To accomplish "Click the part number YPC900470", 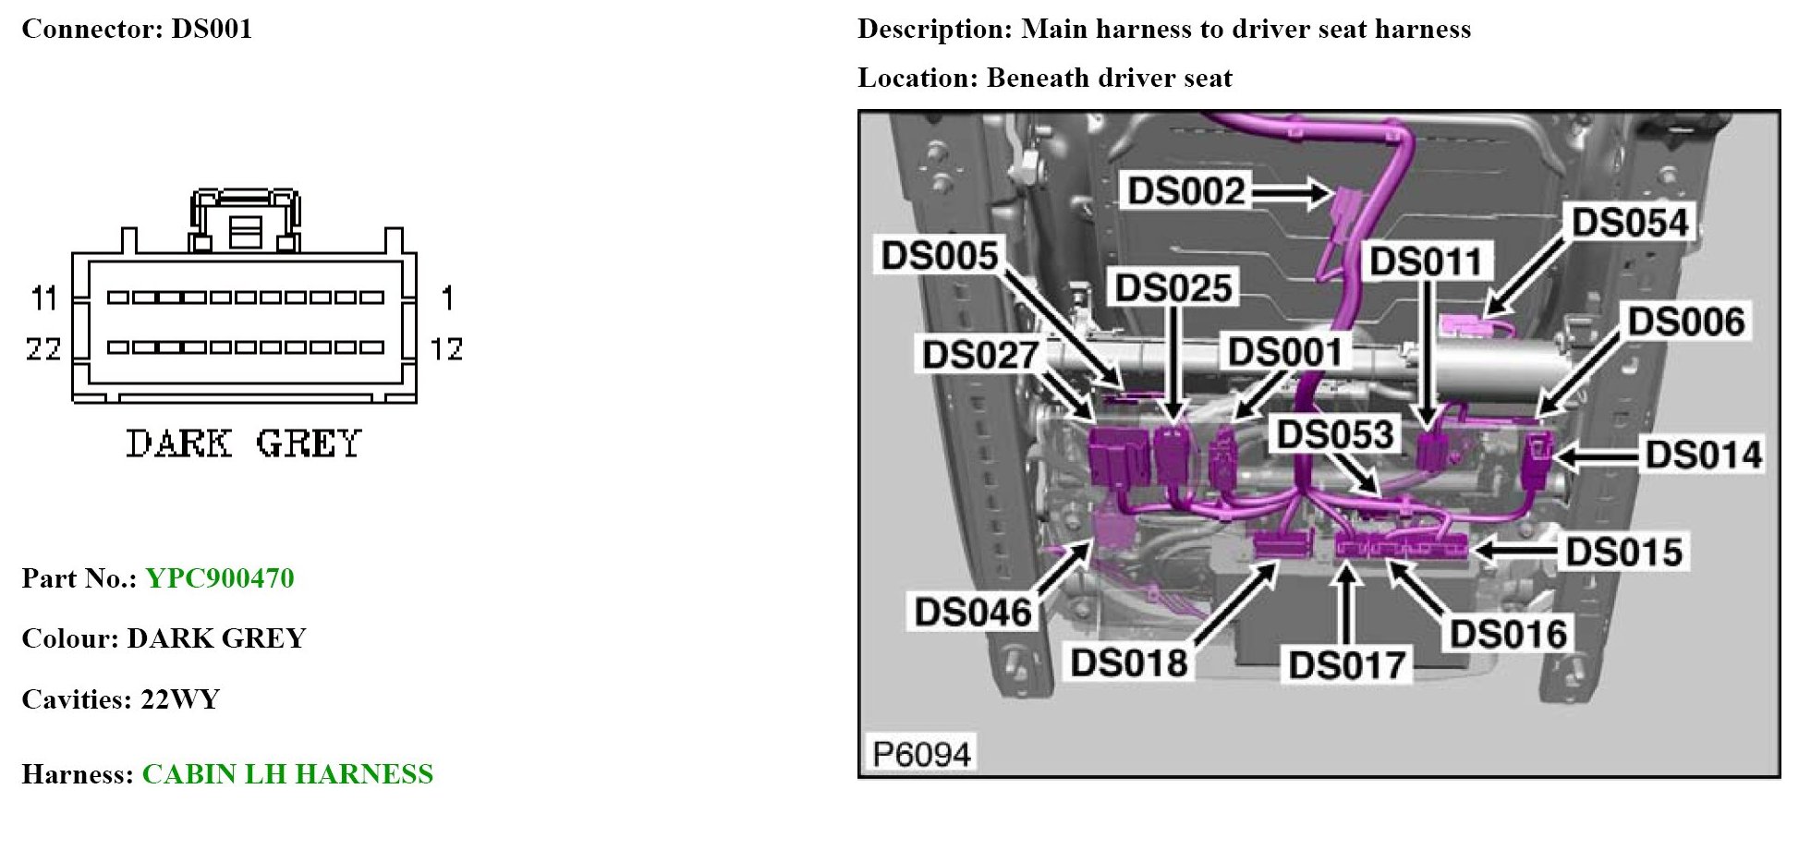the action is click(220, 578).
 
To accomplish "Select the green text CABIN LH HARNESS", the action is click(287, 774).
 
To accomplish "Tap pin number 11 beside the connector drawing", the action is click(44, 298).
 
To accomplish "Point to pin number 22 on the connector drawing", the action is click(43, 349).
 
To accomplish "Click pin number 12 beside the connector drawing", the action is click(446, 349).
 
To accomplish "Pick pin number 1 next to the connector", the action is click(447, 298).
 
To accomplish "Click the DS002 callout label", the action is click(1186, 192).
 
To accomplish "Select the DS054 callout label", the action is click(1630, 223).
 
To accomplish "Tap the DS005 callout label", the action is click(940, 256).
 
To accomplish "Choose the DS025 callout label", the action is click(1173, 288).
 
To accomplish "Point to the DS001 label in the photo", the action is click(1284, 352).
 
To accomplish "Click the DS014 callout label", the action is click(1703, 455).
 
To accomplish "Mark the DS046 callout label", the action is click(973, 612).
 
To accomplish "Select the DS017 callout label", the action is click(1347, 665).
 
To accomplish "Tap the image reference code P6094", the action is click(921, 754).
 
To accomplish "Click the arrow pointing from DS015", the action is click(1515, 551).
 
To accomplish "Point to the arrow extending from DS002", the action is click(1291, 193).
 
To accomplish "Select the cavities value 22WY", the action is click(180, 699).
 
